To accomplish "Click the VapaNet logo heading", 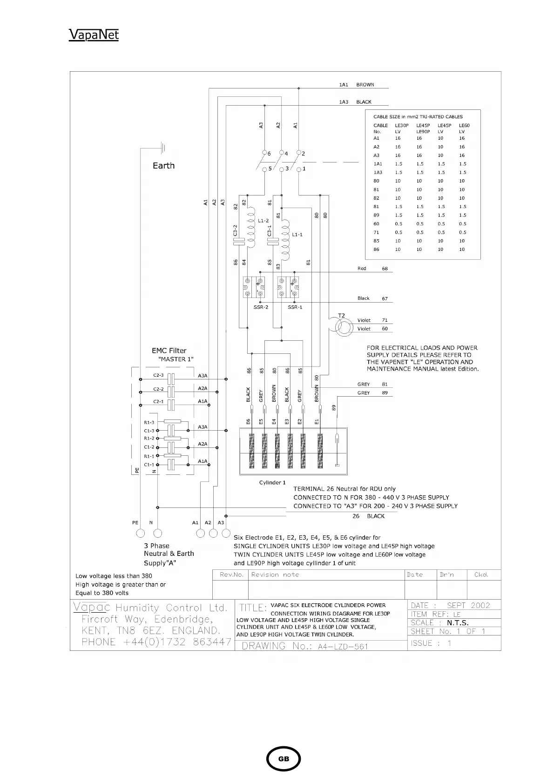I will click(94, 35).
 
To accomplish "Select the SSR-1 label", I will click(295, 307).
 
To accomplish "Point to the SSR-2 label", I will click(261, 307).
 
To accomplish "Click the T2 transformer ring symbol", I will click(344, 327).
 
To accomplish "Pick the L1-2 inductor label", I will click(263, 221).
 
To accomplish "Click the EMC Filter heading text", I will click(169, 351).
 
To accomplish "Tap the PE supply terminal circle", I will click(137, 533).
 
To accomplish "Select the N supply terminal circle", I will click(157, 533).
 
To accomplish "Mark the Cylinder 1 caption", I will click(272, 482).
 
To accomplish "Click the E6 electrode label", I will click(248, 422).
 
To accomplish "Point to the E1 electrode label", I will click(317, 422).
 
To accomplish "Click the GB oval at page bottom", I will click(284, 759).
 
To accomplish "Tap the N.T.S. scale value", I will click(458, 623).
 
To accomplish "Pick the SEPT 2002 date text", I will click(468, 605).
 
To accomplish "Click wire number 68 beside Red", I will click(385, 269).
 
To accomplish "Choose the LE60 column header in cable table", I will click(464, 126).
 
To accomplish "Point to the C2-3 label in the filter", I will click(158, 375).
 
